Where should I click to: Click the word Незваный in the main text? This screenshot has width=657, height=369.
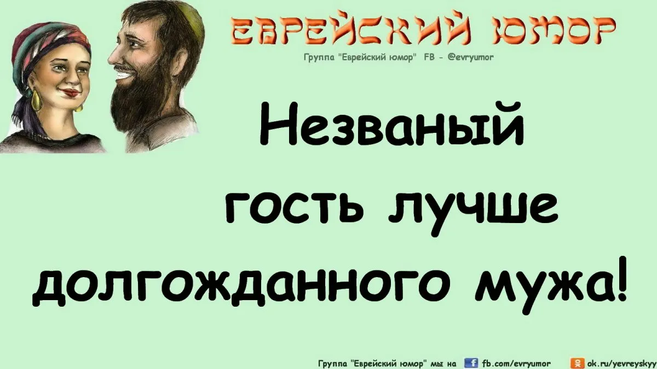(x=392, y=124)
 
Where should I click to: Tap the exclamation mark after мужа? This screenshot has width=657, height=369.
(x=621, y=278)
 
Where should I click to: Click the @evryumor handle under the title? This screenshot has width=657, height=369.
(x=470, y=57)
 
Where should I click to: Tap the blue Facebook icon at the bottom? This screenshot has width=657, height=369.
(x=471, y=363)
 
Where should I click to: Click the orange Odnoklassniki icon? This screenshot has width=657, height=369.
(x=577, y=363)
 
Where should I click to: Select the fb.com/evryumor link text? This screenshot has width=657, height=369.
(x=516, y=364)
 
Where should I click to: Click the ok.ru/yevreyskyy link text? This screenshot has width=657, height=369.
(x=622, y=364)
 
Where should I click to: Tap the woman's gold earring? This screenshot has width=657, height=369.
(x=36, y=99)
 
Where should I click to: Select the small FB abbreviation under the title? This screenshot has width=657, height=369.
(x=429, y=57)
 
